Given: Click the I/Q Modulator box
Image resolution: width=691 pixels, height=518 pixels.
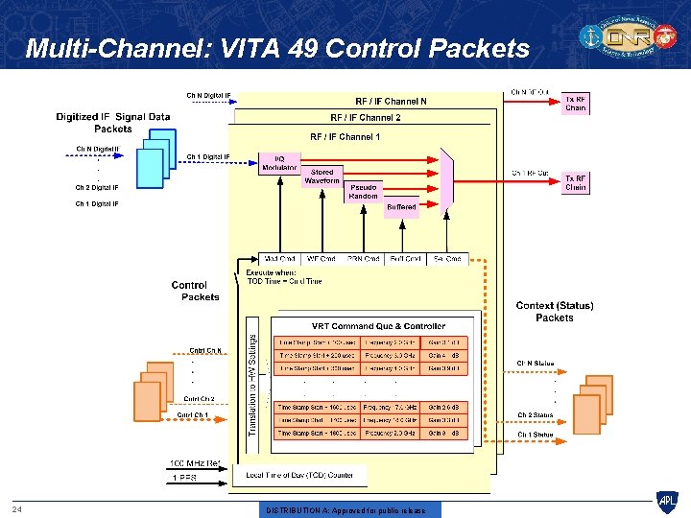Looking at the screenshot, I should (274, 162).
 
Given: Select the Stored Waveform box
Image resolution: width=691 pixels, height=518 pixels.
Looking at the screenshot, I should (322, 177).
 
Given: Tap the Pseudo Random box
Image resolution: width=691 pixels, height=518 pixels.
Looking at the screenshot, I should (363, 191).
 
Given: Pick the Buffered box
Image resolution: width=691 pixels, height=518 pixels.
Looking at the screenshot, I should (401, 206).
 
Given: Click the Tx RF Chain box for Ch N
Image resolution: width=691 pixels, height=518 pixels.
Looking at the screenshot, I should (576, 103).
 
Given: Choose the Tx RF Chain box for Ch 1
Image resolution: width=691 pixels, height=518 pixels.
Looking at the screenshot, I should (576, 182).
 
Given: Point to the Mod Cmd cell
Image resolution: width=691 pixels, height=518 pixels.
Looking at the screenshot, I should (279, 259).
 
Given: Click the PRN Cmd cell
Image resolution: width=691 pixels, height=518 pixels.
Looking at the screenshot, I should (364, 259).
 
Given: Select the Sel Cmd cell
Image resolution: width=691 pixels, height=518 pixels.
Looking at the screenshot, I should (447, 259).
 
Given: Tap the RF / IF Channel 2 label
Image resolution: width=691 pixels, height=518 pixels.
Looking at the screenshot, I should (366, 118).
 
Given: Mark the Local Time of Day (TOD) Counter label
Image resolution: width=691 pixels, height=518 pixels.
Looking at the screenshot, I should (299, 475).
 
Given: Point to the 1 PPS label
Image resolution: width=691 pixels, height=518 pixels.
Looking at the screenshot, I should (185, 477).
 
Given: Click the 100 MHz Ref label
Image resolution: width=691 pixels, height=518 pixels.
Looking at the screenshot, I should (195, 464).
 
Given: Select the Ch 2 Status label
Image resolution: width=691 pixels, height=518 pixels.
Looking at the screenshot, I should (536, 415).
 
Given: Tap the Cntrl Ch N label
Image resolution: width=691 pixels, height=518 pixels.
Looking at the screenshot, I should (205, 350).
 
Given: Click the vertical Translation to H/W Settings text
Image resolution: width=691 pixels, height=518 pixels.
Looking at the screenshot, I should (252, 374).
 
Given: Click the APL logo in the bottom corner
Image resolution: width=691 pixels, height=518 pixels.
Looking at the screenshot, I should (666, 501).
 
